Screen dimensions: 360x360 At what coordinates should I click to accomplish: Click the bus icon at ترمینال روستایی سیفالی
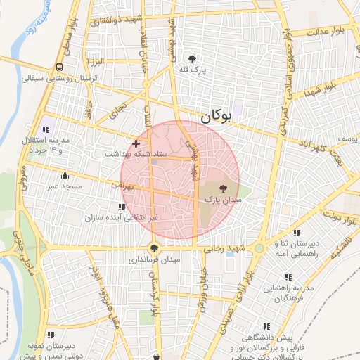[x=60, y=67]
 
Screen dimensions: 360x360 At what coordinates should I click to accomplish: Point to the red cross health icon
[x=136, y=143]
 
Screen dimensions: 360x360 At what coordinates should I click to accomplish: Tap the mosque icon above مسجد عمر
[x=65, y=176]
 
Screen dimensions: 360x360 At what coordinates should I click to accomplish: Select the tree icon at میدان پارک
[x=223, y=188]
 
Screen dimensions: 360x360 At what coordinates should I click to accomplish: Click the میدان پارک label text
[x=223, y=200]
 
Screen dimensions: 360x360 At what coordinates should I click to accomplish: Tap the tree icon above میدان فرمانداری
[x=154, y=247]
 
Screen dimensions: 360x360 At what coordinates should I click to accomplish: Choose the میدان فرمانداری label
[x=154, y=259]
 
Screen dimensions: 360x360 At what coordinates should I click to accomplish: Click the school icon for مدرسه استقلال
[x=46, y=129]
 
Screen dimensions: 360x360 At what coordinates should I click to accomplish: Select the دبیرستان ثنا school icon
[x=297, y=233]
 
